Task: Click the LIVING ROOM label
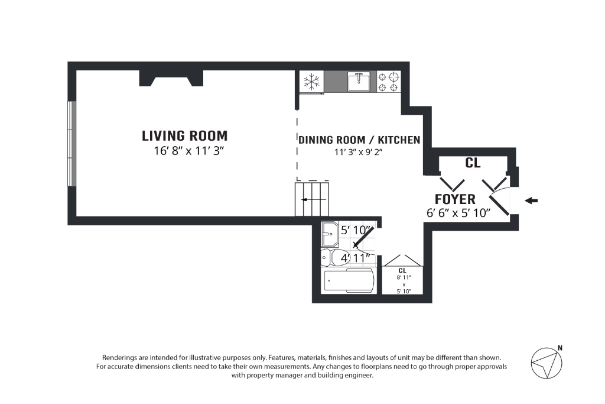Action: point(184,136)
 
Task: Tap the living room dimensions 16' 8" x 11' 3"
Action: point(189,151)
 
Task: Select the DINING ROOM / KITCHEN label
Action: point(359,140)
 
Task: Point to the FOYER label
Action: point(455,199)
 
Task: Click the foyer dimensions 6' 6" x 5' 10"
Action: point(458,213)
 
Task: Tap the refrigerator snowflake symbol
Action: point(311,82)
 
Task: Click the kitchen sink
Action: point(359,82)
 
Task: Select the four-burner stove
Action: point(388,82)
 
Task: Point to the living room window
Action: point(72,144)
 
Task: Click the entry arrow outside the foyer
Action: point(531,201)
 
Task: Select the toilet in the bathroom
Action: point(335,258)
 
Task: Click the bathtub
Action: point(349,280)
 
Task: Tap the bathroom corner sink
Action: point(330,234)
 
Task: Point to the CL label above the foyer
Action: point(473,163)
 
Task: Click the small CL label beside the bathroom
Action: point(402,271)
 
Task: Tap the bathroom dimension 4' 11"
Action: point(356,258)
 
